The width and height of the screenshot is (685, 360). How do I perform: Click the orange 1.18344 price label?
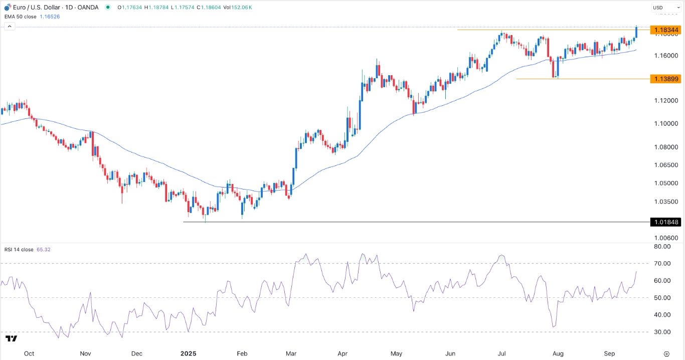pyautogui.click(x=664, y=30)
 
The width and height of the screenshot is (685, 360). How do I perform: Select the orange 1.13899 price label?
pyautogui.click(x=664, y=79)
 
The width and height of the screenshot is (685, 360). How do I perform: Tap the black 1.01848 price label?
pyautogui.click(x=664, y=222)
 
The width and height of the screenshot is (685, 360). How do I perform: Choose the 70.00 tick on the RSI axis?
pyautogui.click(x=662, y=263)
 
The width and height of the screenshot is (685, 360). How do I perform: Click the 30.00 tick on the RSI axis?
pyautogui.click(x=662, y=332)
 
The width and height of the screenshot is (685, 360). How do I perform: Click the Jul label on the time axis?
pyautogui.click(x=501, y=353)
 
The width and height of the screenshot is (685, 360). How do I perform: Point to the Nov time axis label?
pyautogui.click(x=85, y=353)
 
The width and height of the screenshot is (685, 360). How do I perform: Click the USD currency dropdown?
pyautogui.click(x=664, y=8)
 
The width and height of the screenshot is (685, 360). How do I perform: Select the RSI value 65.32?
pyautogui.click(x=44, y=249)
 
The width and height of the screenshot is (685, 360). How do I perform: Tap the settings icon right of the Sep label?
pyautogui.click(x=666, y=353)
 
